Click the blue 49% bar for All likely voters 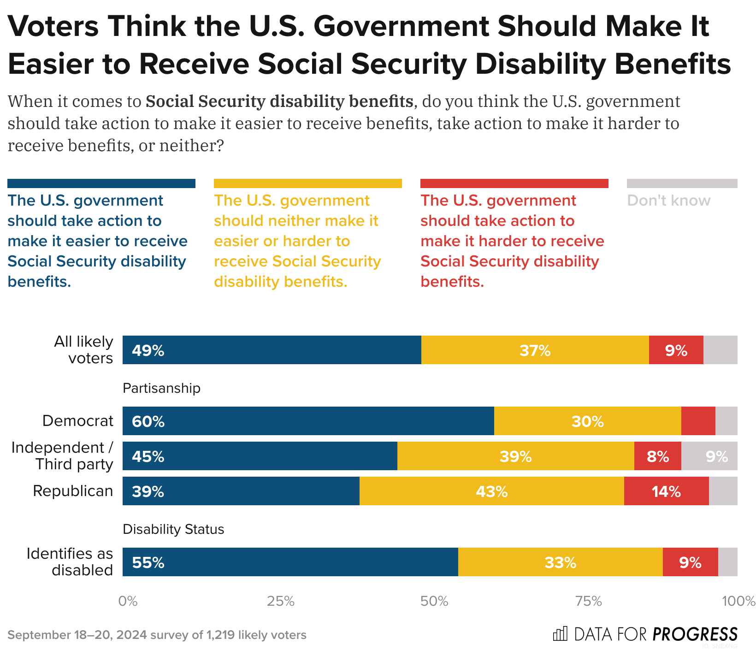point(272,350)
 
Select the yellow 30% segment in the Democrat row point(587,421)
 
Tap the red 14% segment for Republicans point(666,491)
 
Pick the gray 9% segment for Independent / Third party point(709,456)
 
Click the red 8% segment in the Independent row point(657,456)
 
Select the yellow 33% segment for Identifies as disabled point(560,562)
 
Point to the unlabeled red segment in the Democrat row point(698,421)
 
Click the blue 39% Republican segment point(241,491)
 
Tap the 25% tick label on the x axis point(281,601)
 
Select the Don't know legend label point(668,201)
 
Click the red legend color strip point(514,183)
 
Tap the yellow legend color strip point(307,183)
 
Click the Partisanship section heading point(161,388)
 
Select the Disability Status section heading point(173,529)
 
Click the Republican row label point(73,491)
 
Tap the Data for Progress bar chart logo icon point(560,634)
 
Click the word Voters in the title point(53,27)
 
